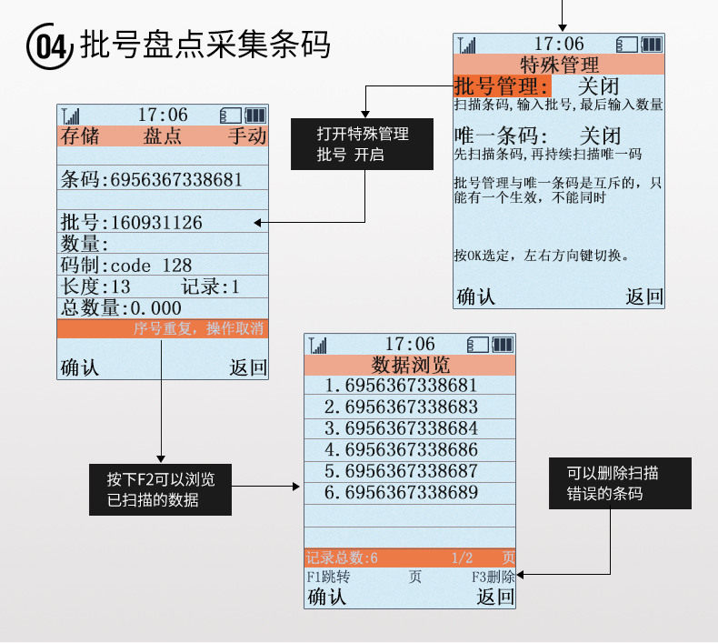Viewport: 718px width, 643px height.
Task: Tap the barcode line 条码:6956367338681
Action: point(152,179)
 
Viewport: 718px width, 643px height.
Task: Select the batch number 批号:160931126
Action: point(132,222)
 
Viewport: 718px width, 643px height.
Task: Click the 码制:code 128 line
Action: point(126,265)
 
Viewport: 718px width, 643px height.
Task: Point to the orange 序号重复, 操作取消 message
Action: point(198,329)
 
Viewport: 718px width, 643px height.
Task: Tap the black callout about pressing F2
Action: point(160,489)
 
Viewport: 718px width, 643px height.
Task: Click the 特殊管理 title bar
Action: point(559,65)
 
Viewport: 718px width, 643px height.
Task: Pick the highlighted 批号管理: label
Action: point(501,86)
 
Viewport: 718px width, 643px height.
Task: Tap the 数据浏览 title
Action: point(410,366)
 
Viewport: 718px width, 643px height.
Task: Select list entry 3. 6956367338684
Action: point(400,427)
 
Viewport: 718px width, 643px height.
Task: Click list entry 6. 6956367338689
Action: point(400,493)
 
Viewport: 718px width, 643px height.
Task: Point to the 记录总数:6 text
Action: point(342,558)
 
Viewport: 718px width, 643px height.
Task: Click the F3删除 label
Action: point(493,577)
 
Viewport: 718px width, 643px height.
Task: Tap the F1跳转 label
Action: point(328,577)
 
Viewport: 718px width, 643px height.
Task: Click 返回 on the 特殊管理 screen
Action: point(644,296)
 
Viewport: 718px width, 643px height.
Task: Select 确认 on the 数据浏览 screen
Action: point(327,598)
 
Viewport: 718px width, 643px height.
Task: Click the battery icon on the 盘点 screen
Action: point(255,115)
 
